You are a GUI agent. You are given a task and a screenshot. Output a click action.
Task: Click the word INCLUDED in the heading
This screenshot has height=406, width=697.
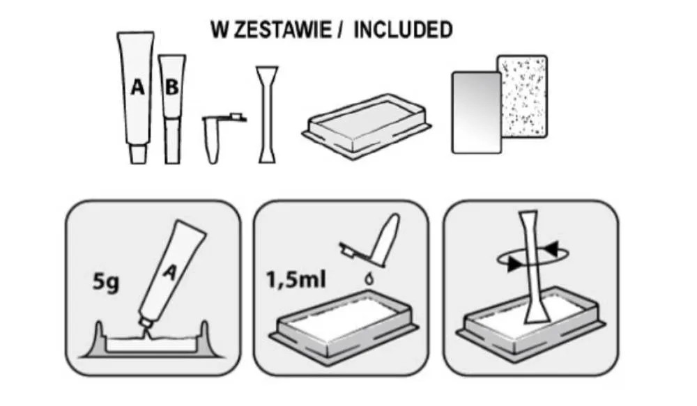[x=403, y=30]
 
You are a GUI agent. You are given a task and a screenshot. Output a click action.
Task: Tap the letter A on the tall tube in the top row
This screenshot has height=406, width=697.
[x=138, y=86]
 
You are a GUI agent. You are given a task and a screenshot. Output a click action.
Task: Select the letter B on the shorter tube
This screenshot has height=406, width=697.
[x=171, y=87]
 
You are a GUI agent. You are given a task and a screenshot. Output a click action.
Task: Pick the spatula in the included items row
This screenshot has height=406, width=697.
[x=267, y=115]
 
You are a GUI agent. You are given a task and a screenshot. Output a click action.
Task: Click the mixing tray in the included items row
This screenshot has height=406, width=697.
[x=367, y=125]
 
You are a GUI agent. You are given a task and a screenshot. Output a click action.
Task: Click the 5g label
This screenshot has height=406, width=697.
[x=106, y=281]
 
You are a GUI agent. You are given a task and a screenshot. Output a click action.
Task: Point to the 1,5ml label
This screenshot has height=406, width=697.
[x=296, y=280]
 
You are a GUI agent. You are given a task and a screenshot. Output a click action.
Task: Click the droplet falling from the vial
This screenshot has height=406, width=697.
[x=369, y=279]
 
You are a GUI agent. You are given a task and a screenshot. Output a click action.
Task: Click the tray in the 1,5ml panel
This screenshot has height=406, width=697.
[x=346, y=327]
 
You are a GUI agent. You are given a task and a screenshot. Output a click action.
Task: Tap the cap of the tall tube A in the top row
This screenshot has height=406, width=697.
[x=138, y=154]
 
